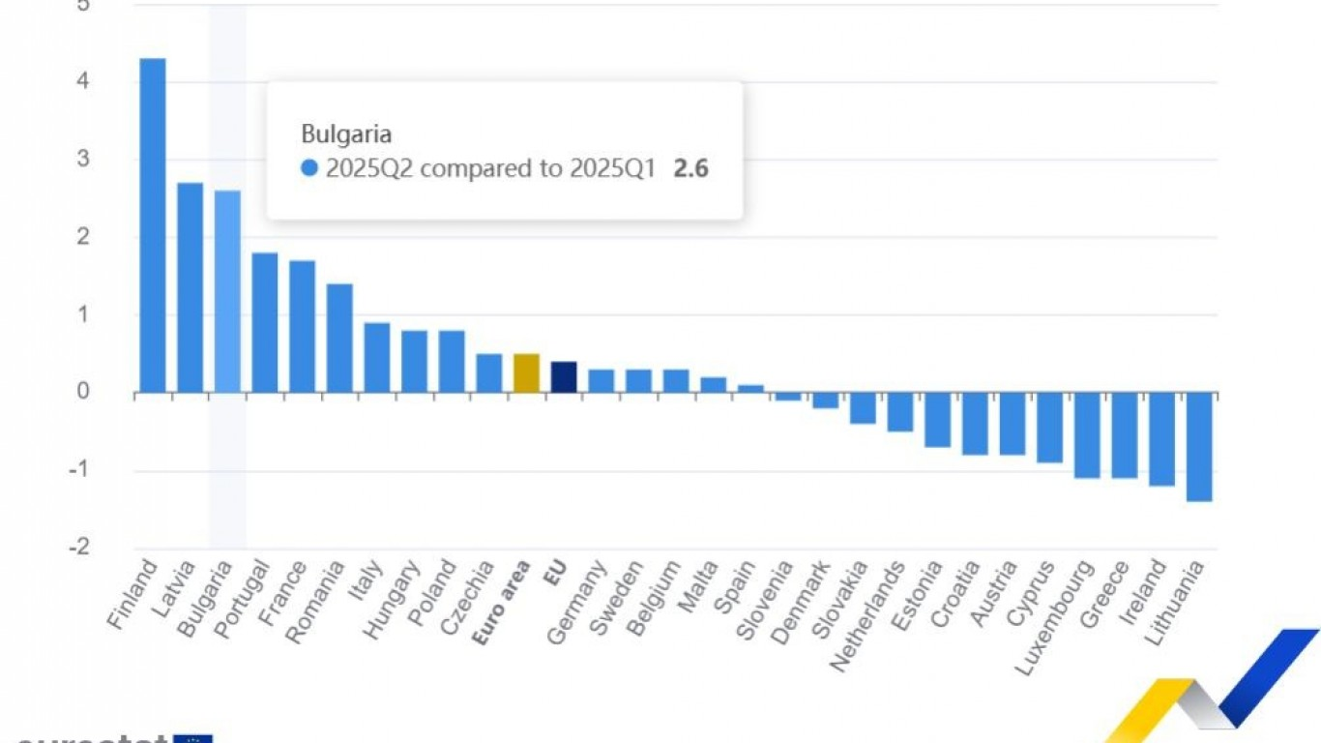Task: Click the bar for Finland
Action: point(153,225)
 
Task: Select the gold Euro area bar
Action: point(526,373)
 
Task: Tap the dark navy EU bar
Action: point(564,377)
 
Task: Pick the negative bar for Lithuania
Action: point(1199,447)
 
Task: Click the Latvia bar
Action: point(190,287)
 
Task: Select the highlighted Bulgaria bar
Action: point(227,291)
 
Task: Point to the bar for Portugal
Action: point(265,322)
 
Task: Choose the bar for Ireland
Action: point(1161,439)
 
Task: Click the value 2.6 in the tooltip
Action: point(690,168)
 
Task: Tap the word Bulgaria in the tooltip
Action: point(346,134)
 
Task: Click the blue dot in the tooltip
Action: point(309,168)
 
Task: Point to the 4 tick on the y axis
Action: point(83,81)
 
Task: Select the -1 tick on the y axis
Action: point(80,471)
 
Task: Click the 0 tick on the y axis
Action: point(83,393)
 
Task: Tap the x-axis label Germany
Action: point(576,602)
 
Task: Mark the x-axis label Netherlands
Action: point(867,617)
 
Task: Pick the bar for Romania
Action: point(339,338)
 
